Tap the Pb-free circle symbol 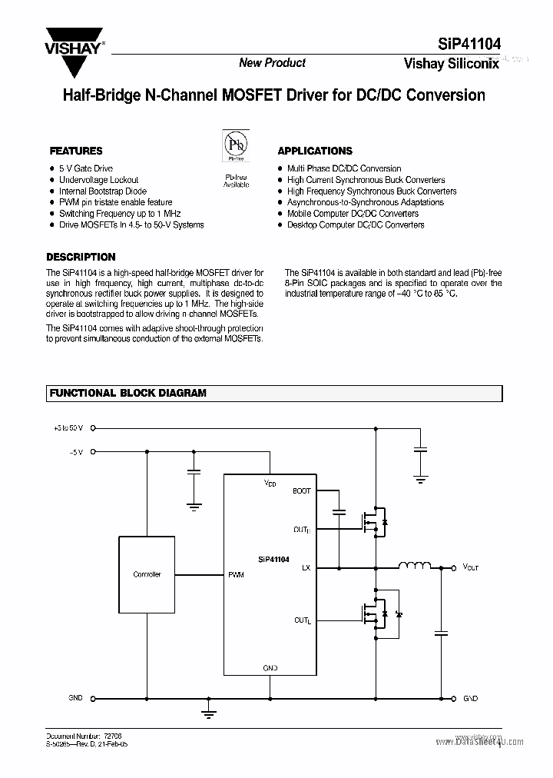point(236,144)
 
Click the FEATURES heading point(76,151)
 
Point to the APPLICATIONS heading point(315,151)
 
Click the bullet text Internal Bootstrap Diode point(103,191)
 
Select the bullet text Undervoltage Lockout point(99,180)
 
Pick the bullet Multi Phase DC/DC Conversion point(344,168)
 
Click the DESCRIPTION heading point(81,258)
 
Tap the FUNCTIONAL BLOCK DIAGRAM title point(127,393)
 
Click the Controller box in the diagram point(147,574)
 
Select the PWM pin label point(236,575)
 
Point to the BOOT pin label point(302,490)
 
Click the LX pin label point(306,568)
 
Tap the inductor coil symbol point(414,567)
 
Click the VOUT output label point(470,568)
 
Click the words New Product point(272,63)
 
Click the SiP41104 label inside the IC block point(273,560)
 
